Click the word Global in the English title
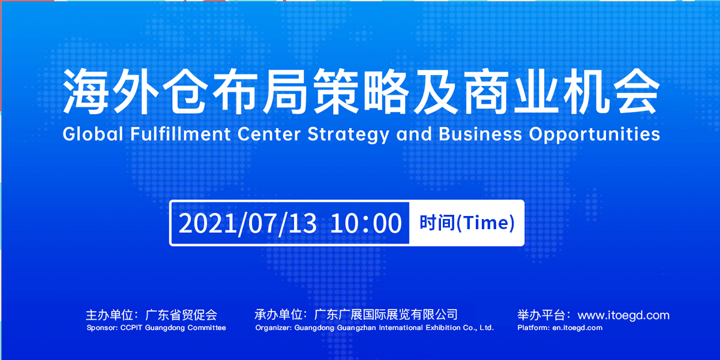[93, 134]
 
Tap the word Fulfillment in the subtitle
[181, 134]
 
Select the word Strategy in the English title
[349, 134]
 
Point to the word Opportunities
[595, 134]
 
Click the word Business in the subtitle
[480, 134]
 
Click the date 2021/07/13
[247, 223]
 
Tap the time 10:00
[366, 223]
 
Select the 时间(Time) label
[467, 223]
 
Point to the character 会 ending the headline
[637, 91]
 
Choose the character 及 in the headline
[436, 91]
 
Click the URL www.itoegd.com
[623, 316]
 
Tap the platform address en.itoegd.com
[577, 328]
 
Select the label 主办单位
[109, 315]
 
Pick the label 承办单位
[278, 314]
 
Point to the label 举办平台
[541, 315]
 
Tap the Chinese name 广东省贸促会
[181, 315]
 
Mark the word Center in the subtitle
[269, 134]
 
